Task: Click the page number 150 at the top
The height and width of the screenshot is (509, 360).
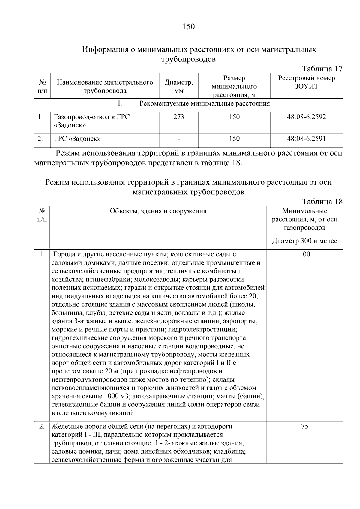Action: coord(188,27)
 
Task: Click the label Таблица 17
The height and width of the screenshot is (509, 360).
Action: coord(322,69)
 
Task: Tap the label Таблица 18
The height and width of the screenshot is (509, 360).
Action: coord(322,202)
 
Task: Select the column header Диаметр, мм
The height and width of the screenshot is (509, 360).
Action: coord(179,86)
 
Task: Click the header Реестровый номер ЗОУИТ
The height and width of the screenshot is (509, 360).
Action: coord(306,82)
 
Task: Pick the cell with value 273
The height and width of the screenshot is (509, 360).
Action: coord(179,117)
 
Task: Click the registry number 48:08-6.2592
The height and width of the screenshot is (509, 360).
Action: coord(306,117)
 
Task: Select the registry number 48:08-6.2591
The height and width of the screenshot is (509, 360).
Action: coord(306,139)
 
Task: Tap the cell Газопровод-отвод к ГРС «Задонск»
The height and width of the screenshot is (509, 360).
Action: coord(92,121)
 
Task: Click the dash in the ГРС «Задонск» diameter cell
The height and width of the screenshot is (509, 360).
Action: coord(179,139)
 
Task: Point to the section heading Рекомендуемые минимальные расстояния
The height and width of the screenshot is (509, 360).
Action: coord(205,104)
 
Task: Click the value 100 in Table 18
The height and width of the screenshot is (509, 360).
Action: coord(304,254)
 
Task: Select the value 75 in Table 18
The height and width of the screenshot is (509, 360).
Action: coord(304,426)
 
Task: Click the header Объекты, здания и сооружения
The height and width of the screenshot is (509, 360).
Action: coord(158,211)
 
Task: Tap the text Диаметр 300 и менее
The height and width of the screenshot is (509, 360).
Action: coord(304,241)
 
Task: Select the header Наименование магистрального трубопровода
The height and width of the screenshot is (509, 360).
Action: coord(105,86)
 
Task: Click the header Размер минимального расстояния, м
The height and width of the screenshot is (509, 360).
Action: coord(234,87)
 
